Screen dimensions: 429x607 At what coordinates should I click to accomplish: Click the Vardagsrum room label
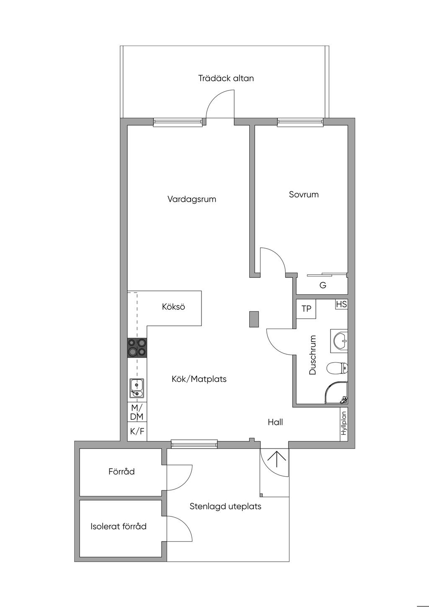192,200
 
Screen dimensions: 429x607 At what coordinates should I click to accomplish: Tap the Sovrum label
304,194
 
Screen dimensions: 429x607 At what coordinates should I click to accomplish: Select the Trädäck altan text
226,78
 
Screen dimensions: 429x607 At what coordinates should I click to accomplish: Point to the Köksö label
173,306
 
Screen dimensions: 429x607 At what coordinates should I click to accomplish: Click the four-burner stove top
137,348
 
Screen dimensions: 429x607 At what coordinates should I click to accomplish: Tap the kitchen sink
137,388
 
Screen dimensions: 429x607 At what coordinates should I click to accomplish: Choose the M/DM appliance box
137,412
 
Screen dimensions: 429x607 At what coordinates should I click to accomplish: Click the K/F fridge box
137,431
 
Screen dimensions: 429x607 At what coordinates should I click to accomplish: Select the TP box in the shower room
306,309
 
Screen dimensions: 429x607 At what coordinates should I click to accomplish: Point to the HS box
341,304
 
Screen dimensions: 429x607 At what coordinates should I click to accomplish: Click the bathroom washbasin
339,341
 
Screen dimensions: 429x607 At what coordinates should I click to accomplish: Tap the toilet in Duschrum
337,368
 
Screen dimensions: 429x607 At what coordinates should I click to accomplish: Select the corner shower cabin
336,393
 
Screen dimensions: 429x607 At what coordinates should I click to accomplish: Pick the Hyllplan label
344,423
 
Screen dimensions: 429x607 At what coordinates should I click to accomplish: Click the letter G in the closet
323,285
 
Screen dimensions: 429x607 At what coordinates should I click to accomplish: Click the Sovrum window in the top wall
300,122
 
